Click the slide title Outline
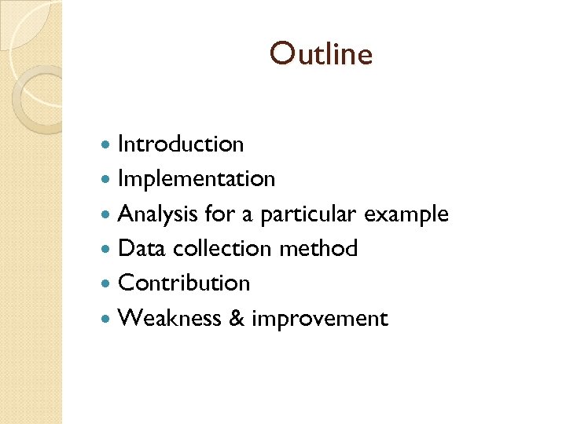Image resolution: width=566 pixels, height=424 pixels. tap(321, 54)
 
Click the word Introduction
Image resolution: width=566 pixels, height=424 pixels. tap(181, 144)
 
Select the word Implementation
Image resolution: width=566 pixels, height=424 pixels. tap(197, 180)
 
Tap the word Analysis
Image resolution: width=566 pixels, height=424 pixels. tap(158, 214)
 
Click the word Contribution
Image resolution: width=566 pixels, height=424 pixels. tap(184, 283)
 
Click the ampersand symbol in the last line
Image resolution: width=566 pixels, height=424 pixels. tap(235, 319)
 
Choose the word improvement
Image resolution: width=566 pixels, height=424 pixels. tap(320, 320)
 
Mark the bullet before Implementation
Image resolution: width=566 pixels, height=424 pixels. tap(108, 180)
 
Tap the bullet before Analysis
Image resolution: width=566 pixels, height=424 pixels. tap(108, 214)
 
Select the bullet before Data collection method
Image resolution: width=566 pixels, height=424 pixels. tap(108, 250)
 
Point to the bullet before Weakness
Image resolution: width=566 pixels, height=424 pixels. tap(108, 319)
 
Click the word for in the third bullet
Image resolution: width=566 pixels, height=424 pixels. tap(218, 214)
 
